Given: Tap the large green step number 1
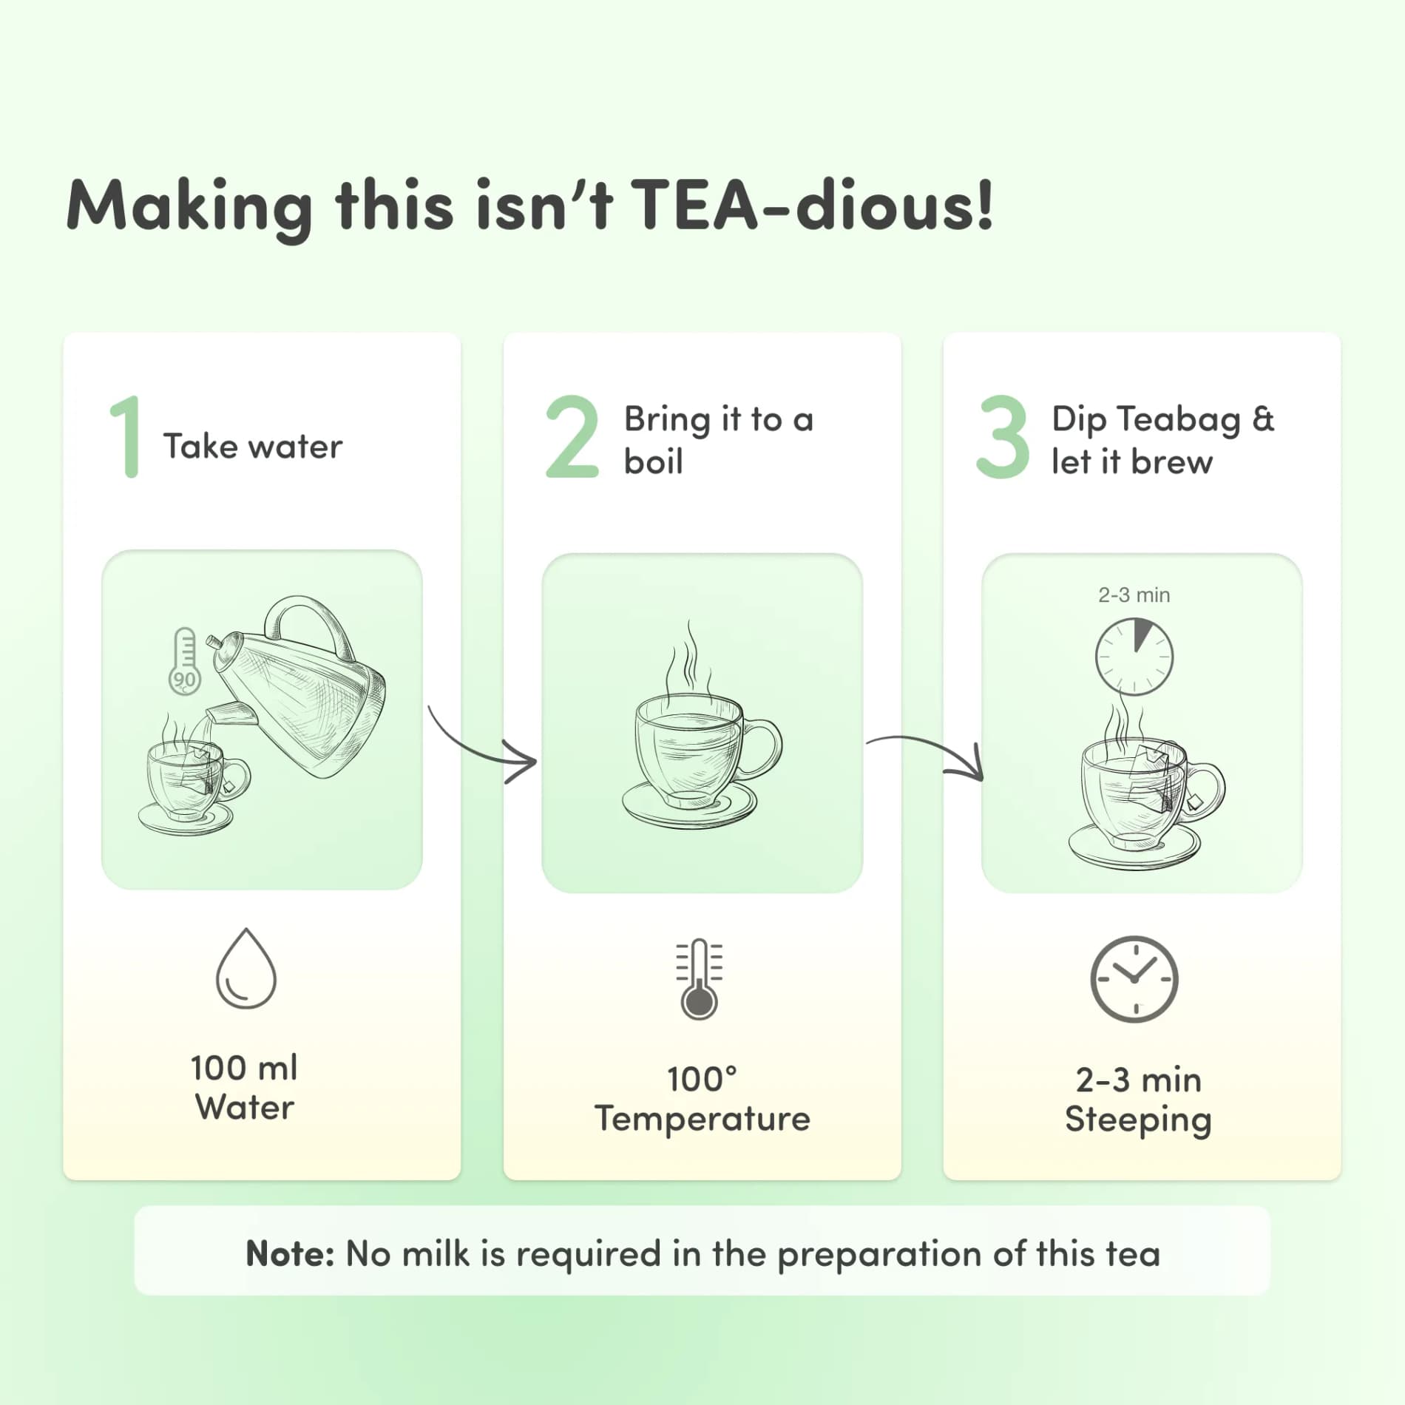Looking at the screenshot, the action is pos(126,436).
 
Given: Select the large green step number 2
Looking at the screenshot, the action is pos(572,436).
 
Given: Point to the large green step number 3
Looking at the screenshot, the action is pos(1003,436).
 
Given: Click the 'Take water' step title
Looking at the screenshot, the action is pos(253,446).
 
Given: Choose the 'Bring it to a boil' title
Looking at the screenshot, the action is pos(719,440).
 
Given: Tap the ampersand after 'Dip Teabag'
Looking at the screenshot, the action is pos(1264,419).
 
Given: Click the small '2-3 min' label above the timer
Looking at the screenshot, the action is pos(1134,595).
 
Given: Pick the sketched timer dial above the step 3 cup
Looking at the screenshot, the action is pos(1134,657).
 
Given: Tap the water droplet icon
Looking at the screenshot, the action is pos(246,969).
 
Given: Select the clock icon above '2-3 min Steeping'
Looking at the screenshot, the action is pos(1134,980).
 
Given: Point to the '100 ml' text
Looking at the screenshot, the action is pos(244,1068).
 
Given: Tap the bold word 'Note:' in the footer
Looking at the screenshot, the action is pos(290,1254).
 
